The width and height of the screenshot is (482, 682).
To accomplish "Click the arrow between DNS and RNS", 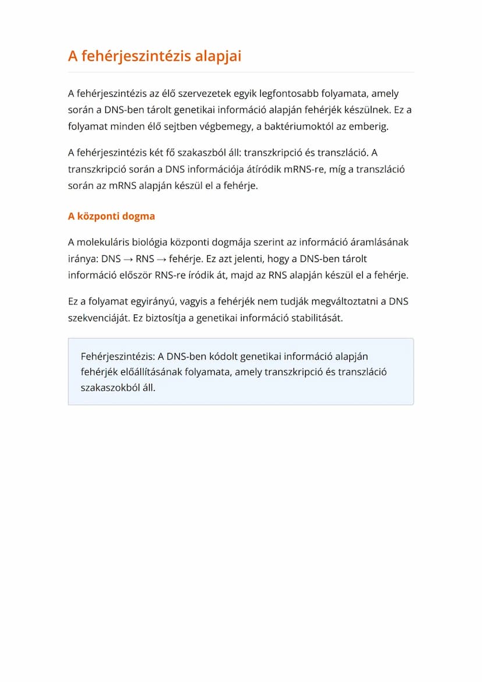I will click(x=128, y=259).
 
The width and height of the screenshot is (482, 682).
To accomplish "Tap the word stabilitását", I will click(x=317, y=319).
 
